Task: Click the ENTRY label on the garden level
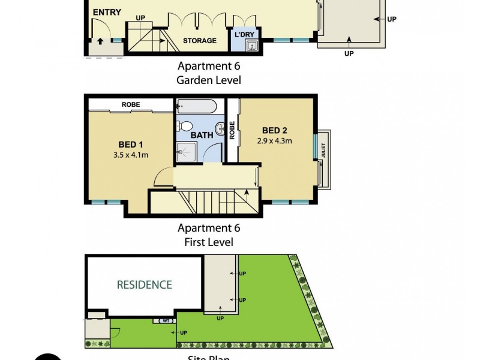(x=107, y=12)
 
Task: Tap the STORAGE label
(x=200, y=41)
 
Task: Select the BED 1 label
(x=130, y=144)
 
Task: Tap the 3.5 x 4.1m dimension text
(x=130, y=155)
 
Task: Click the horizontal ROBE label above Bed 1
(x=131, y=104)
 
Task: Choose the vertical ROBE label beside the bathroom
(x=232, y=131)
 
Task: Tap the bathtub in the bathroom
(x=196, y=109)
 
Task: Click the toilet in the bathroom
(x=185, y=127)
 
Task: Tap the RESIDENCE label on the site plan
(x=144, y=284)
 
